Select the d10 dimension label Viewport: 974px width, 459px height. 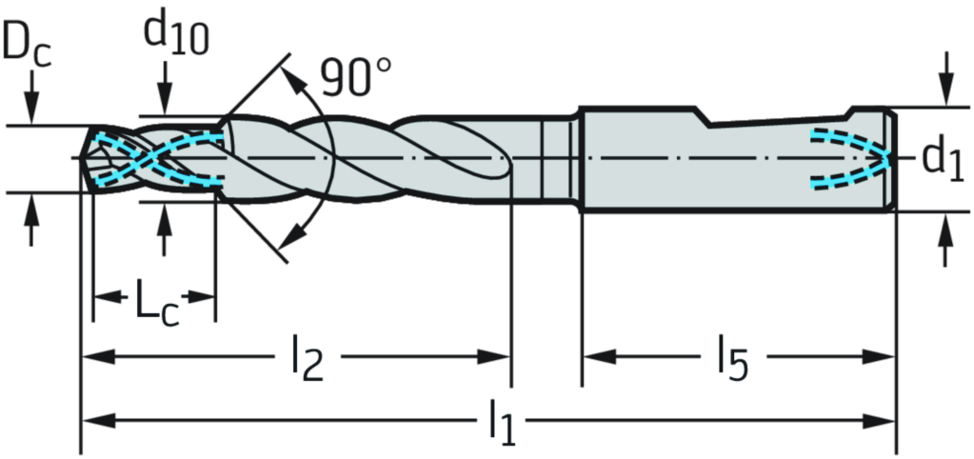point(176,34)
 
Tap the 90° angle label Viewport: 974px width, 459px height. point(356,78)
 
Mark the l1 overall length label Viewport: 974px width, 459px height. point(502,423)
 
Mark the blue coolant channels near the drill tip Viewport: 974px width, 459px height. point(158,159)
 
